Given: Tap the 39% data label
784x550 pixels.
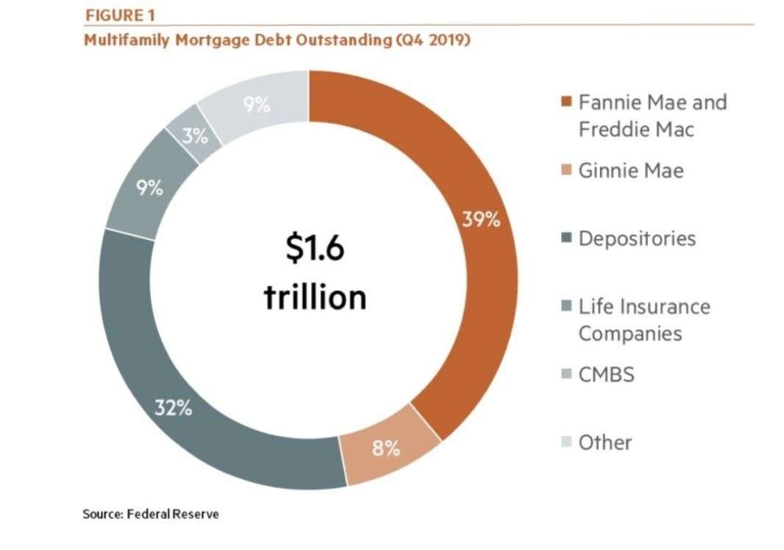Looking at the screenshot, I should (481, 219).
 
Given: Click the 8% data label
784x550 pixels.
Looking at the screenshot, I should (385, 448).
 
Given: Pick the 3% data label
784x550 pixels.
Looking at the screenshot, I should (194, 136).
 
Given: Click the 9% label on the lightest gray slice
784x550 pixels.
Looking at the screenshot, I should (257, 105).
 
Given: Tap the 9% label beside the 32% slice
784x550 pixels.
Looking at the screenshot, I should (149, 188).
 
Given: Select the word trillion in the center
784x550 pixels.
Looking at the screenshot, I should (315, 297).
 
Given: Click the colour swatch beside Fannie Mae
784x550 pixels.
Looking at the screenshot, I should (566, 102).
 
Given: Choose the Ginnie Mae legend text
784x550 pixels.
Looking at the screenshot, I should (630, 171).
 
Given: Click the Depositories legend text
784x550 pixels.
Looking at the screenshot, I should (636, 239).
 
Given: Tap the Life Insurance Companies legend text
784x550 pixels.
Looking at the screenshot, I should (644, 320).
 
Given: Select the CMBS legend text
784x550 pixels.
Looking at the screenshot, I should (605, 375).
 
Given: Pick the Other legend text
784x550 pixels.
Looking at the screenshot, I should (605, 442).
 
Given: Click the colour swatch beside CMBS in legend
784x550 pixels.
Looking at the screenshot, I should (566, 375).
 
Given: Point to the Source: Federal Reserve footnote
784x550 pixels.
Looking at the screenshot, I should (151, 514).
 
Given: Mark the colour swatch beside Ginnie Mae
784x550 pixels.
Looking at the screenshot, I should (566, 171).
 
